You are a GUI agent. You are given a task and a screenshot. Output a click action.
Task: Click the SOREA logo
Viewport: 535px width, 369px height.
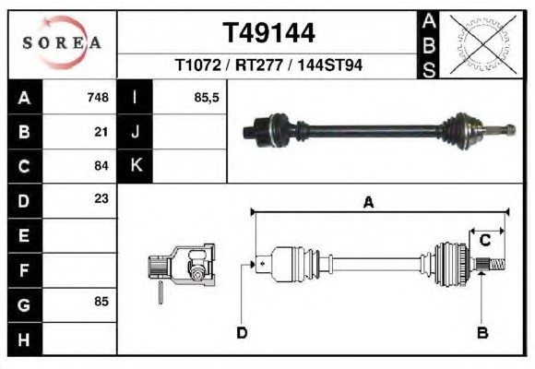tap(62, 42)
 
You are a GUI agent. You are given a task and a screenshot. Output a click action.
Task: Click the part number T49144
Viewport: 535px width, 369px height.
tap(268, 33)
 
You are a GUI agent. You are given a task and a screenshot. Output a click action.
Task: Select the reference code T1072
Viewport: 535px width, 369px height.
tap(198, 65)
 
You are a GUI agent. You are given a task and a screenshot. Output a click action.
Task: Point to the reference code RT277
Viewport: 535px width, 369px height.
tap(259, 65)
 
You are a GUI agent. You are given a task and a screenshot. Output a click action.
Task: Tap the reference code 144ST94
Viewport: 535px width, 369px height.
tap(330, 65)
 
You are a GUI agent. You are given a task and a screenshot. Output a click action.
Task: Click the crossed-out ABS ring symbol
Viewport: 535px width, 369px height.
tap(482, 44)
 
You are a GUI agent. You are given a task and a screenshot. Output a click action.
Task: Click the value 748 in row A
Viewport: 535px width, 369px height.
tap(98, 97)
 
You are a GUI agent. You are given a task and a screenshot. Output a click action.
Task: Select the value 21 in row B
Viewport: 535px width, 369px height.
tap(101, 132)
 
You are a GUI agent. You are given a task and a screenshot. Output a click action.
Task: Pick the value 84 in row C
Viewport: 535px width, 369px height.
tap(101, 166)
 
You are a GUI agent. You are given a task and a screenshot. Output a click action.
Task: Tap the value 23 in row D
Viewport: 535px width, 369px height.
tap(101, 198)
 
